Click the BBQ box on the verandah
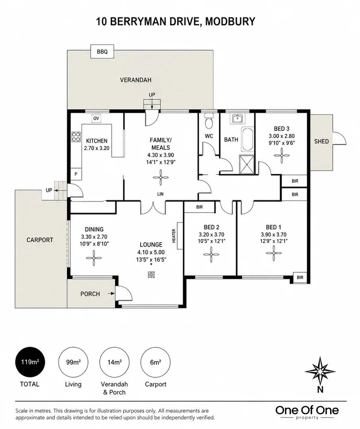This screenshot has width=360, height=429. (102, 51)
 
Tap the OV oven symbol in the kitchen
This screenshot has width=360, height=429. (96, 118)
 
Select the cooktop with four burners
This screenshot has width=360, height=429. (76, 137)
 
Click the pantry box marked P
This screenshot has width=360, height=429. (76, 174)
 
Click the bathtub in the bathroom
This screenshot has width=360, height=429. (247, 139)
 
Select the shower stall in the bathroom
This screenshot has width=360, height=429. (247, 164)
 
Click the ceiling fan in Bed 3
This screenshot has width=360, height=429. (282, 156)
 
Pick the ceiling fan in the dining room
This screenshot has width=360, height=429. (94, 258)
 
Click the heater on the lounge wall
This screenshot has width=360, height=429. (180, 236)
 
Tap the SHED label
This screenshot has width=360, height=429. (321, 141)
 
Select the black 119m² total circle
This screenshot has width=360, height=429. (30, 362)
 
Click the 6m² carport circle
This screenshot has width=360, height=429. (155, 362)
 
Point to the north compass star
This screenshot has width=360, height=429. (320, 371)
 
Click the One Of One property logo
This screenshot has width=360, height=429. (307, 412)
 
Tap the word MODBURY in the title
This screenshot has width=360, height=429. (230, 21)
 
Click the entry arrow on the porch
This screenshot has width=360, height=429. (111, 294)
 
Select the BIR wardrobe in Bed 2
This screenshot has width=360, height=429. (199, 207)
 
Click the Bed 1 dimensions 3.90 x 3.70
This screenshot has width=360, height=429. (273, 234)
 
